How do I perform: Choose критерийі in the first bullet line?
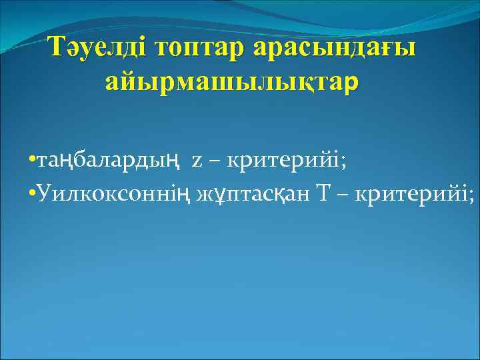point(283,161)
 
